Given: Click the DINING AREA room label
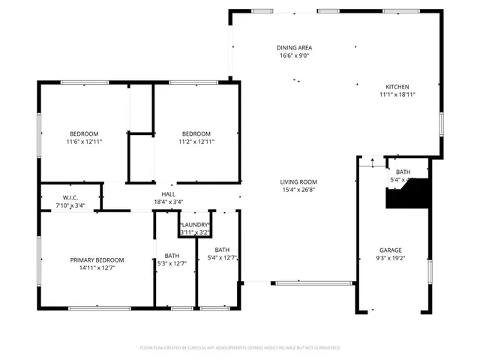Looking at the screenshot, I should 294,47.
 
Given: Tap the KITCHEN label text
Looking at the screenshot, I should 397,87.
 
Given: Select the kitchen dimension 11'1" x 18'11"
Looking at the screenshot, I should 397,94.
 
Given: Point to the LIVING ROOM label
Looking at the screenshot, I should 298,181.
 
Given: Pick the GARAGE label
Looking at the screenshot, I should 390,250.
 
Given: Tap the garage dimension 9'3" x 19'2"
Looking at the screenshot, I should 390,257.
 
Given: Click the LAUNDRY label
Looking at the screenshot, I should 194,225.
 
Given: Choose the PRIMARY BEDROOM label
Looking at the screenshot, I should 97,259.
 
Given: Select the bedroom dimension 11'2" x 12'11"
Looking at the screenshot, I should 196,141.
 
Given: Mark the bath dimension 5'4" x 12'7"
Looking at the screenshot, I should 223,257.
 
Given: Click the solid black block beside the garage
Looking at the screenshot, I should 405,197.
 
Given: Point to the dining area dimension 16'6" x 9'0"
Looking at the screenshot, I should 294,55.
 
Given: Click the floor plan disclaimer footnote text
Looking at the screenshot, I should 240,348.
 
